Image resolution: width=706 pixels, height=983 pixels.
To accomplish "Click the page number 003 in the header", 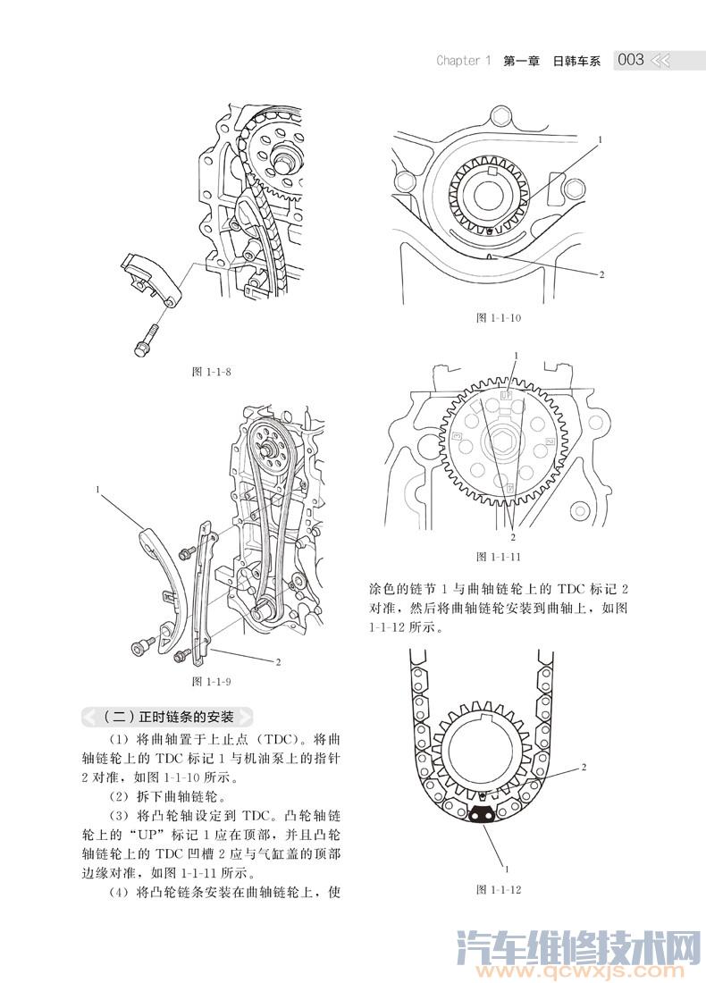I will click(x=630, y=60).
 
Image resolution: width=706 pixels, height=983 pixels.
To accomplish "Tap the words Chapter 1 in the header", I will click(x=463, y=61).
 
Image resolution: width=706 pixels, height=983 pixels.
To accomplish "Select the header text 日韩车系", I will click(x=577, y=61).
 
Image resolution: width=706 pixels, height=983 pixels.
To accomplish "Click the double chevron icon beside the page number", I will click(x=661, y=61).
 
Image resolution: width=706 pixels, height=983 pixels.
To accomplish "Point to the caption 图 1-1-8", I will click(x=212, y=372).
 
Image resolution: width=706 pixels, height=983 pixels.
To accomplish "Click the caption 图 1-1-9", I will click(x=212, y=683).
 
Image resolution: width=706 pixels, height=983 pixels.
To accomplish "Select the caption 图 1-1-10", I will click(x=499, y=318).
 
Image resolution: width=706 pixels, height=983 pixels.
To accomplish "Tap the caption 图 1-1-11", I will click(x=499, y=556).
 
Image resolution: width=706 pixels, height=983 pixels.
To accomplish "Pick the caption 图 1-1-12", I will click(x=499, y=890).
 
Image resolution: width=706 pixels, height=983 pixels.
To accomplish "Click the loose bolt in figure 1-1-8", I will click(x=146, y=341).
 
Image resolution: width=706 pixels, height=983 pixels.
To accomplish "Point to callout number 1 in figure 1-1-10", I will click(x=600, y=140).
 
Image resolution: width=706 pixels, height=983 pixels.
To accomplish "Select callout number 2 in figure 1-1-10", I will click(x=601, y=274).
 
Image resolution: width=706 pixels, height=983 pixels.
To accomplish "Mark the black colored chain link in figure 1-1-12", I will click(x=483, y=813).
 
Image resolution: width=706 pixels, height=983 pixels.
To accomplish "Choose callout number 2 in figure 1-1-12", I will click(x=584, y=767).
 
